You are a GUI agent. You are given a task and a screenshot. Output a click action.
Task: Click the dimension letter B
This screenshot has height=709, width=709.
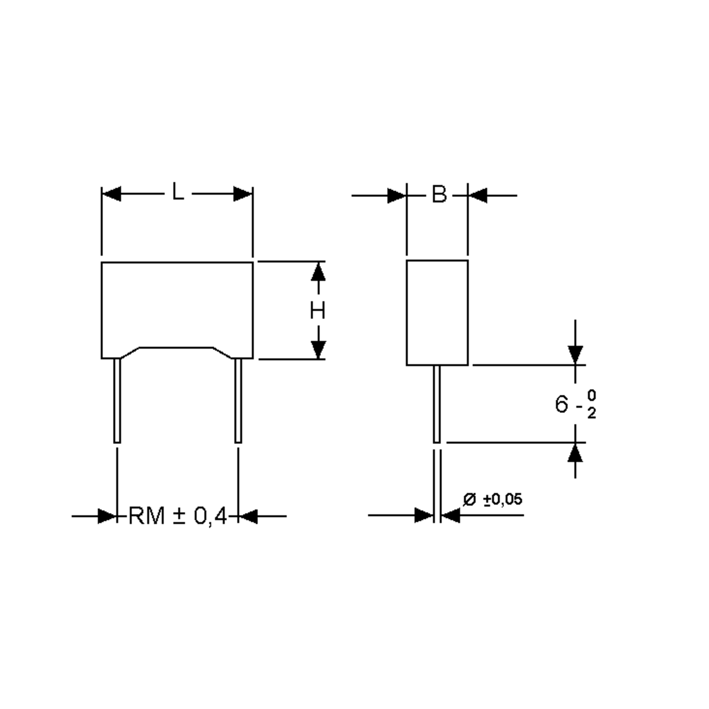tap(439, 194)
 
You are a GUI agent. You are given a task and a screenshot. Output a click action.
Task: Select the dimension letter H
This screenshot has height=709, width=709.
tap(318, 310)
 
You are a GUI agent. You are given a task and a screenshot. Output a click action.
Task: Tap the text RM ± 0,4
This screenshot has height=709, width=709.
tap(178, 516)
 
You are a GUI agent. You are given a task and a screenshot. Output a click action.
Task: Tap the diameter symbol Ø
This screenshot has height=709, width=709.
tap(469, 500)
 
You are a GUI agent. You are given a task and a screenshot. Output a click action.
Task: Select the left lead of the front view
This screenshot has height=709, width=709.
tap(117, 400)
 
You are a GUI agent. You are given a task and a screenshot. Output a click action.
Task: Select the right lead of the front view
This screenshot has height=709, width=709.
tap(238, 400)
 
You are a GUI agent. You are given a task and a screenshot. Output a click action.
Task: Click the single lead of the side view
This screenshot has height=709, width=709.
tap(437, 404)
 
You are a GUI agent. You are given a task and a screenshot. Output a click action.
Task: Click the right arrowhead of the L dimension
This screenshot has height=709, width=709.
tap(243, 194)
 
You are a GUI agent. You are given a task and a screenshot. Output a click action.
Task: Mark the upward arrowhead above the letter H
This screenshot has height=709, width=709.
tap(318, 273)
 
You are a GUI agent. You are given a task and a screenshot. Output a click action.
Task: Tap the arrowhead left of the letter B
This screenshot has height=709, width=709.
tap(397, 196)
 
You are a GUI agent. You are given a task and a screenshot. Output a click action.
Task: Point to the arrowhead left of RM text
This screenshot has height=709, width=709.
tap(107, 516)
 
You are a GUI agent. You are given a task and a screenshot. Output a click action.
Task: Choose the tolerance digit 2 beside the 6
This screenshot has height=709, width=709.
tap(591, 414)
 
